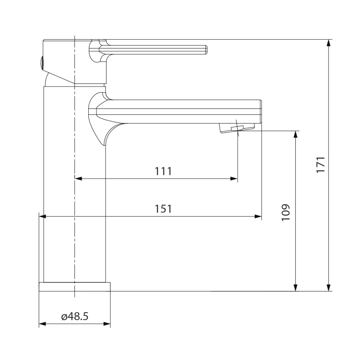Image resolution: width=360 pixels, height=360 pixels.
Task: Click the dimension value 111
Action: click(x=163, y=171)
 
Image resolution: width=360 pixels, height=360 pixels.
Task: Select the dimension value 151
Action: click(x=163, y=209)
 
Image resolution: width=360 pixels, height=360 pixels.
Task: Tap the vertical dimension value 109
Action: click(x=286, y=213)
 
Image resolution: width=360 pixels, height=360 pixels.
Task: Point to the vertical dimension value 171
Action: click(x=321, y=165)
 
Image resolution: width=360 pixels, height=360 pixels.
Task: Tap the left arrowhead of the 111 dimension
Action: click(x=78, y=178)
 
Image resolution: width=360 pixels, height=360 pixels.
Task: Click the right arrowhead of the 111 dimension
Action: click(x=234, y=178)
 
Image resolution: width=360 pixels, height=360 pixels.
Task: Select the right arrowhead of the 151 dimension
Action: click(x=258, y=217)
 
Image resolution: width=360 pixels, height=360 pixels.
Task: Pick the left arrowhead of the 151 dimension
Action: click(x=42, y=217)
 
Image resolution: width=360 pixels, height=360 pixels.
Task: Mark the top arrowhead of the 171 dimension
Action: click(x=329, y=43)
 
